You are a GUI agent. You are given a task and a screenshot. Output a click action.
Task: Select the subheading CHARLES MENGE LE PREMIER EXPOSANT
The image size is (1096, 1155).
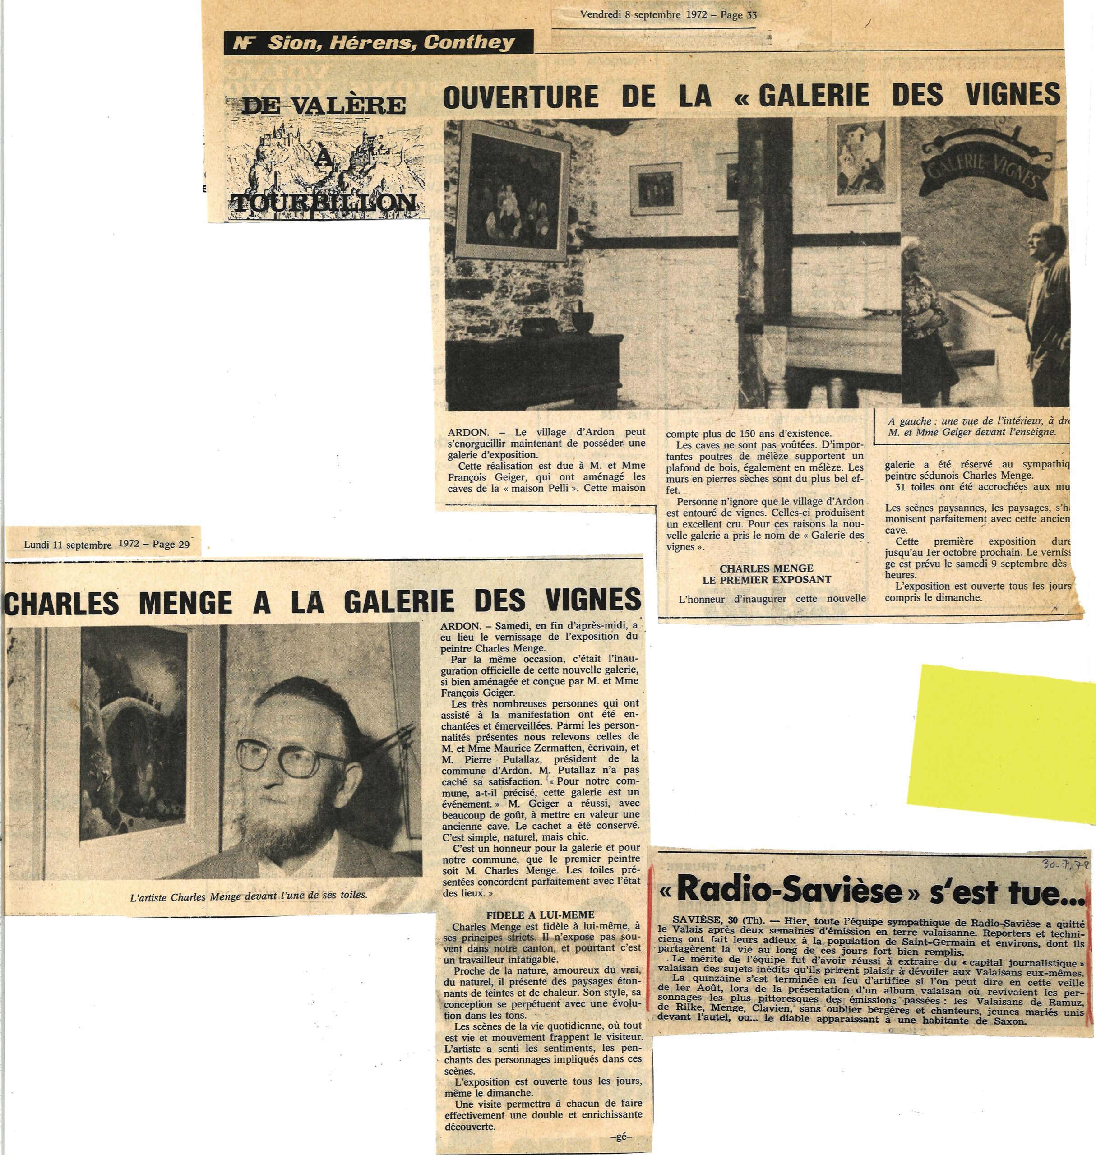766,574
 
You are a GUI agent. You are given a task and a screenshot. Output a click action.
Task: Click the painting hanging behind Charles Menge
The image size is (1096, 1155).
134,736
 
